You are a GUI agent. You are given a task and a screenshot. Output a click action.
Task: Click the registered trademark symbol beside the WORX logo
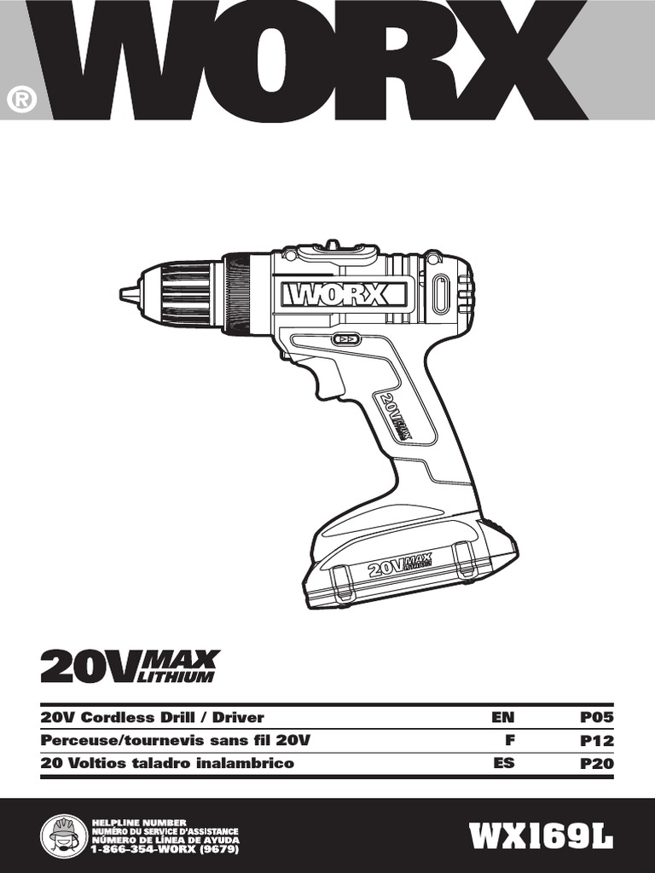click(21, 100)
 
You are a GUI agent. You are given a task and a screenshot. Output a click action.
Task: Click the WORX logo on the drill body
click(343, 295)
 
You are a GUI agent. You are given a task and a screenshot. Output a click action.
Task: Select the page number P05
click(597, 717)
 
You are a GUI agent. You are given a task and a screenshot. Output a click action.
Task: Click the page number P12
click(597, 741)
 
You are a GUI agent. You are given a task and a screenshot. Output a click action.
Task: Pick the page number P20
click(597, 763)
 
